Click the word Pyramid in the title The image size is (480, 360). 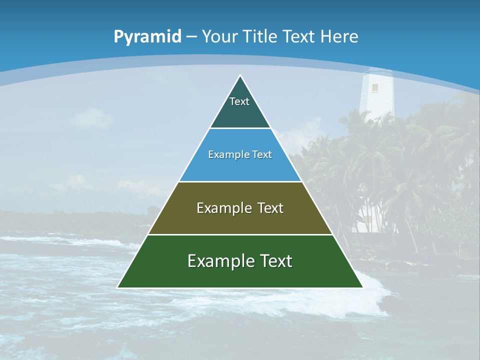click(147, 37)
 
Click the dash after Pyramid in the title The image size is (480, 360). click(191, 37)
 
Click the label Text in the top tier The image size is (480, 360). click(239, 101)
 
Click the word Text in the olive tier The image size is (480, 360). click(270, 208)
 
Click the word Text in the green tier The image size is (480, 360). click(275, 261)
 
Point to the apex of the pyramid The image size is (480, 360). click(240, 76)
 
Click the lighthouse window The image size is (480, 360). click(374, 87)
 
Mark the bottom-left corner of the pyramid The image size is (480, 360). click(118, 287)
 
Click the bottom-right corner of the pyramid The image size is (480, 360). click(362, 287)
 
